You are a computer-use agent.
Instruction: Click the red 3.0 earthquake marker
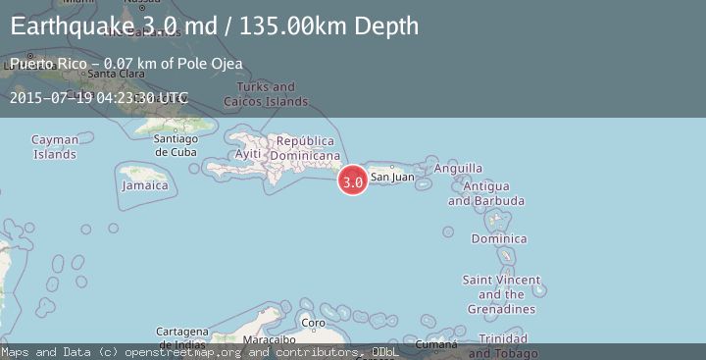point(353,180)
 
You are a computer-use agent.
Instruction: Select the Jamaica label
point(145,185)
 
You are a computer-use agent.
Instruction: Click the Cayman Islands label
point(55,147)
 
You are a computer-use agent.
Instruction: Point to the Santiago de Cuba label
point(176,145)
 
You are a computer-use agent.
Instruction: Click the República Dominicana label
point(305,148)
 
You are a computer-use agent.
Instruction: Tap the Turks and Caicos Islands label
point(266,94)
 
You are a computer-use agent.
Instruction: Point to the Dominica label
point(499,238)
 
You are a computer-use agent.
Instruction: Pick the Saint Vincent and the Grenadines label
point(501,294)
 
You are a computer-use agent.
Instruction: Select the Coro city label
point(312,323)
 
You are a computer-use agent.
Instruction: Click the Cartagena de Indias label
point(182,337)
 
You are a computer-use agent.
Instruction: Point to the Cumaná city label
point(436,344)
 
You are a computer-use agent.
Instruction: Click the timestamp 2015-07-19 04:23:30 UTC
point(98,98)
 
